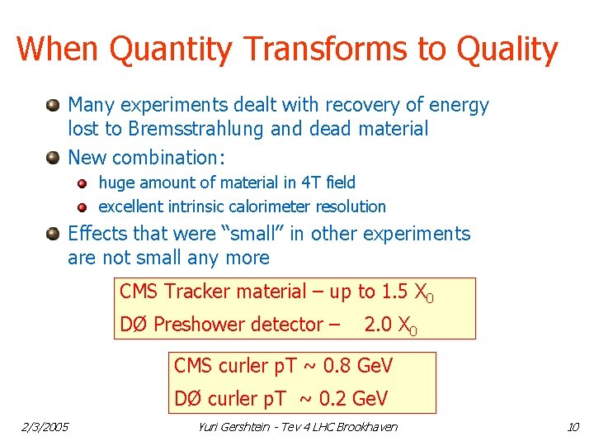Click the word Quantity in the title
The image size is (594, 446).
click(x=171, y=50)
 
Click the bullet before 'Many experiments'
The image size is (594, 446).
click(x=53, y=105)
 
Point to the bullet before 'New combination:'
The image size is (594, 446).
click(x=53, y=156)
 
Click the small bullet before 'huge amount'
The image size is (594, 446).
click(x=83, y=183)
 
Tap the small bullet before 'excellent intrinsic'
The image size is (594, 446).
click(x=83, y=206)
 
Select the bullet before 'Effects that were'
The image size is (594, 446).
click(x=53, y=234)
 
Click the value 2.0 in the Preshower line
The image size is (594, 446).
click(x=379, y=325)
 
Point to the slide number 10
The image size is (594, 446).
click(x=573, y=426)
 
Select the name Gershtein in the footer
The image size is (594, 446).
click(x=252, y=426)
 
